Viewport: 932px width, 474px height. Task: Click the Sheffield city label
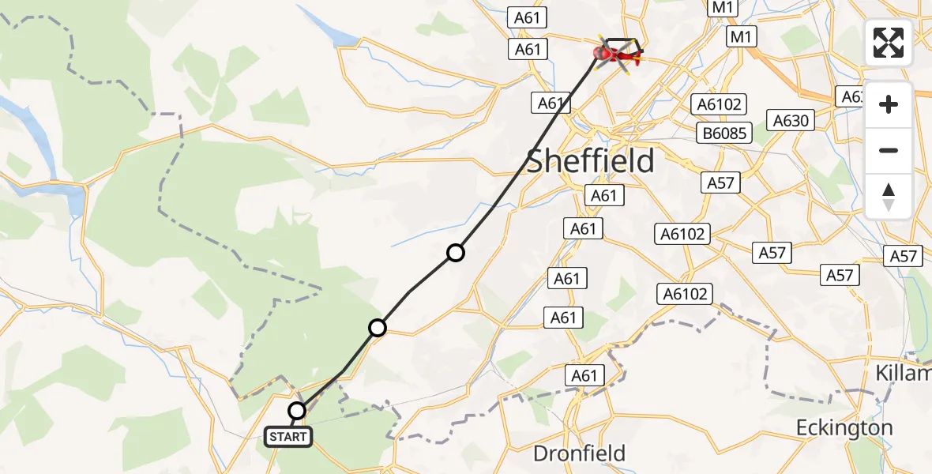[x=590, y=161]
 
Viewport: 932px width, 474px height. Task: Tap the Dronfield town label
[x=579, y=453]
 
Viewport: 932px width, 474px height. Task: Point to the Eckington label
[x=844, y=428]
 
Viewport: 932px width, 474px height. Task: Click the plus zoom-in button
[x=889, y=104]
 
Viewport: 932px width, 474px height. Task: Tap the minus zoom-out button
[x=889, y=150]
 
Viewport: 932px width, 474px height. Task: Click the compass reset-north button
[x=889, y=197]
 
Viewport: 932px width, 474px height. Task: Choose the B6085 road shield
[x=723, y=133]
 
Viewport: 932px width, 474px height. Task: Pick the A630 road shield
[x=791, y=121]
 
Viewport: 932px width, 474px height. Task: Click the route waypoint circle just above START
[x=297, y=411]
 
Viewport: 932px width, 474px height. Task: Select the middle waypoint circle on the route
[x=378, y=327]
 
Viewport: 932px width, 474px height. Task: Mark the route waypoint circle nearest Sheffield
[x=456, y=253]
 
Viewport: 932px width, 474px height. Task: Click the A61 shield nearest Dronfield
[x=584, y=376]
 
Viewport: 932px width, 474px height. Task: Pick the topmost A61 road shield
[x=528, y=17]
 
